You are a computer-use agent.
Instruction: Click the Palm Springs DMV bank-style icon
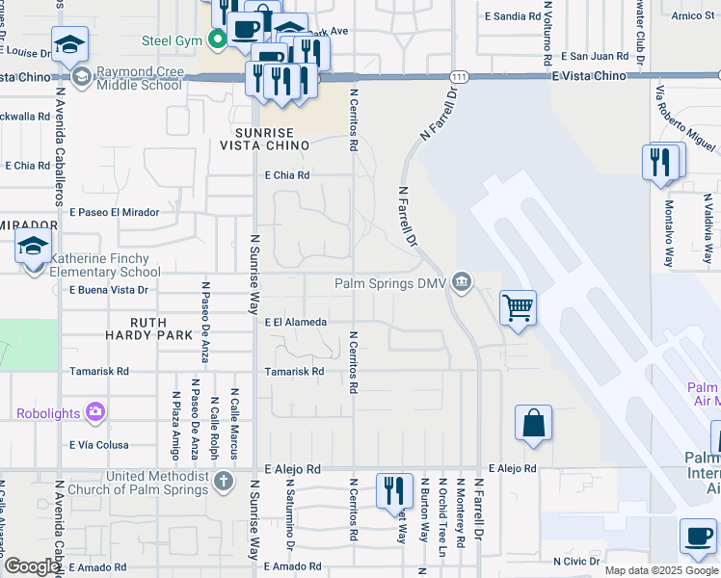(x=463, y=282)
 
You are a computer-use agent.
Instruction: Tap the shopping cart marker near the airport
(x=518, y=308)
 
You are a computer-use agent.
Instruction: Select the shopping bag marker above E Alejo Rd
(x=533, y=423)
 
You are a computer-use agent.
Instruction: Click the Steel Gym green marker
(x=218, y=39)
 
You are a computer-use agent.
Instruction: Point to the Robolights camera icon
(x=94, y=412)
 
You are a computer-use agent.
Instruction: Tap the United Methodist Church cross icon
(x=223, y=480)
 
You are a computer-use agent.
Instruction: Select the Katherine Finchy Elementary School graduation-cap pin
(x=33, y=246)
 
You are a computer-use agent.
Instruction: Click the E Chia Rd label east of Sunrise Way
(x=286, y=175)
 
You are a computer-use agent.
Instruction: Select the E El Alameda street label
(x=296, y=323)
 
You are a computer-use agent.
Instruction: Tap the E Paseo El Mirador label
(x=114, y=212)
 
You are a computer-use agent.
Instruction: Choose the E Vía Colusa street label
(x=98, y=445)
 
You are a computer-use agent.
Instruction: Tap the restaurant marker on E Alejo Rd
(x=394, y=490)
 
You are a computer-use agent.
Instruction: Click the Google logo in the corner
(x=31, y=566)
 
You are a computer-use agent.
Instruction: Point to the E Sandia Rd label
(x=513, y=16)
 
